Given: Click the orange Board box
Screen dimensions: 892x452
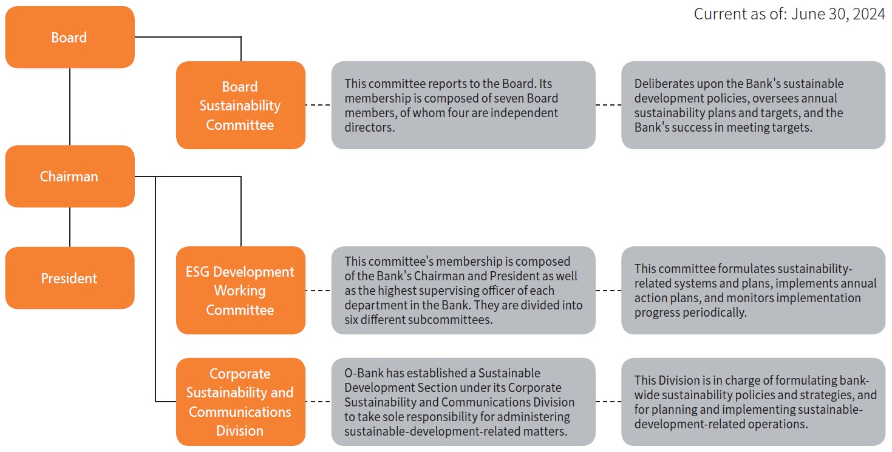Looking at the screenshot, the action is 70,37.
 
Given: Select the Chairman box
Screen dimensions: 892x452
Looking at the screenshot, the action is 70,177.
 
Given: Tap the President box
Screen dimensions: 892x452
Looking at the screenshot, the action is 70,278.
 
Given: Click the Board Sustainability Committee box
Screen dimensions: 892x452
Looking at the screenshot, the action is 240,105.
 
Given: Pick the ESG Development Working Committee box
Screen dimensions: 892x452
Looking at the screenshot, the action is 240,290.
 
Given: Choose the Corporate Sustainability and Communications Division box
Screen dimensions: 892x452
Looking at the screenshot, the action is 240,402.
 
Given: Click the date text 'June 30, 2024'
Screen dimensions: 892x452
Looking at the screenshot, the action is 838,15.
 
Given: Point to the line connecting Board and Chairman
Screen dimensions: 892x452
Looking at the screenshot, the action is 70,107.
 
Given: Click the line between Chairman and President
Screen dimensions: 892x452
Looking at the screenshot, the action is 70,227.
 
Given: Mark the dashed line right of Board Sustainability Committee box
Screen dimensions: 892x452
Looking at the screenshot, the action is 318,105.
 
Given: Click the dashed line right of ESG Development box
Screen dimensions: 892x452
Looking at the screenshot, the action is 318,291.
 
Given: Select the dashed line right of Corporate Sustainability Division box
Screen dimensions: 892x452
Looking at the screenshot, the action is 318,402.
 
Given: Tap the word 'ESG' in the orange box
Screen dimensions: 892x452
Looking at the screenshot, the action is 197,272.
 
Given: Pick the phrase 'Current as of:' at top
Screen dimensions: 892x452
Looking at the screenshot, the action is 740,15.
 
